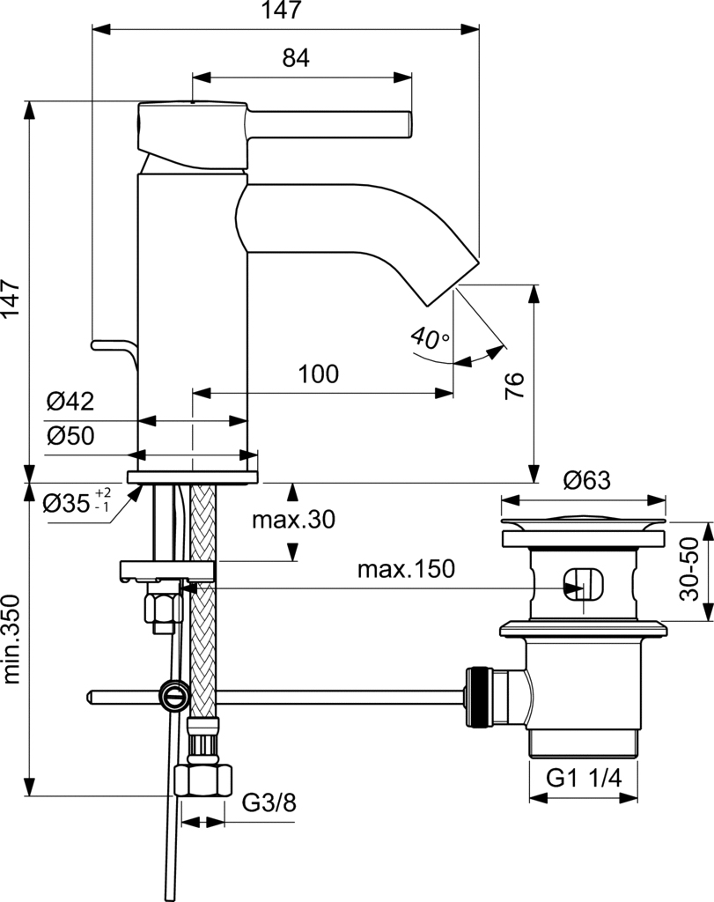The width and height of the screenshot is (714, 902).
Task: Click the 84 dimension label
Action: (296, 58)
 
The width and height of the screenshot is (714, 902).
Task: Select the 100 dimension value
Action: (318, 373)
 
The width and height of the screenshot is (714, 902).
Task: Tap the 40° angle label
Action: (430, 337)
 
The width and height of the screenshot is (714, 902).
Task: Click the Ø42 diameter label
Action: (70, 402)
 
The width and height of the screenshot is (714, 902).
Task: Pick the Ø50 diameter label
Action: (70, 436)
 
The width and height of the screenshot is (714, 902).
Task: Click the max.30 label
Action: (293, 520)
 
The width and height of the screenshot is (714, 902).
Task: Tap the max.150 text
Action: (406, 569)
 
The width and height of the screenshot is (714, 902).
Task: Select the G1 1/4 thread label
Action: (584, 778)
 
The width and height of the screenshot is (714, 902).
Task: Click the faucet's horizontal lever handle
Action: (330, 123)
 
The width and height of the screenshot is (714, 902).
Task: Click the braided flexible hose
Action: (202, 617)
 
